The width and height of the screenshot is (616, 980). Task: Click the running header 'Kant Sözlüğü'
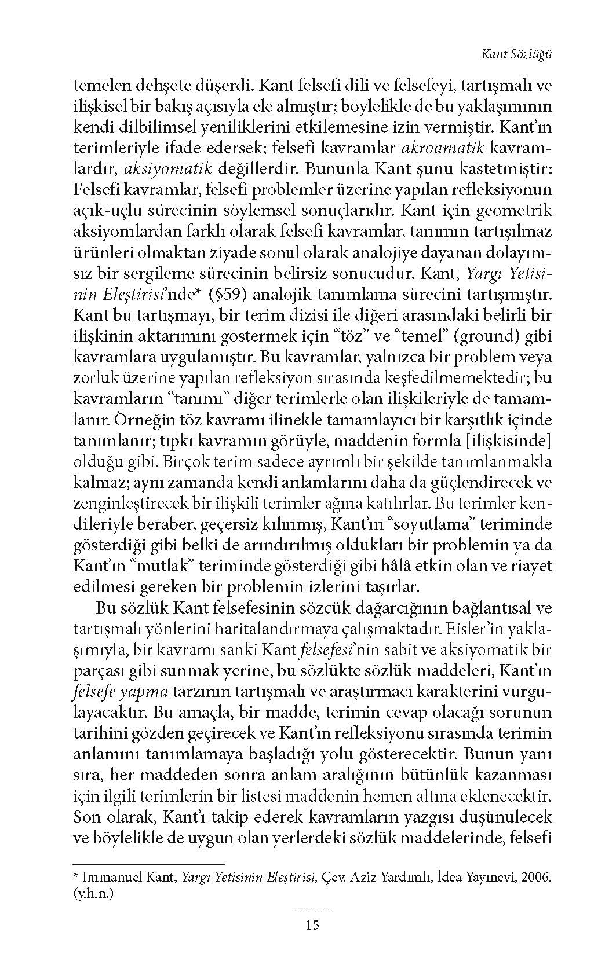coord(516,54)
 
